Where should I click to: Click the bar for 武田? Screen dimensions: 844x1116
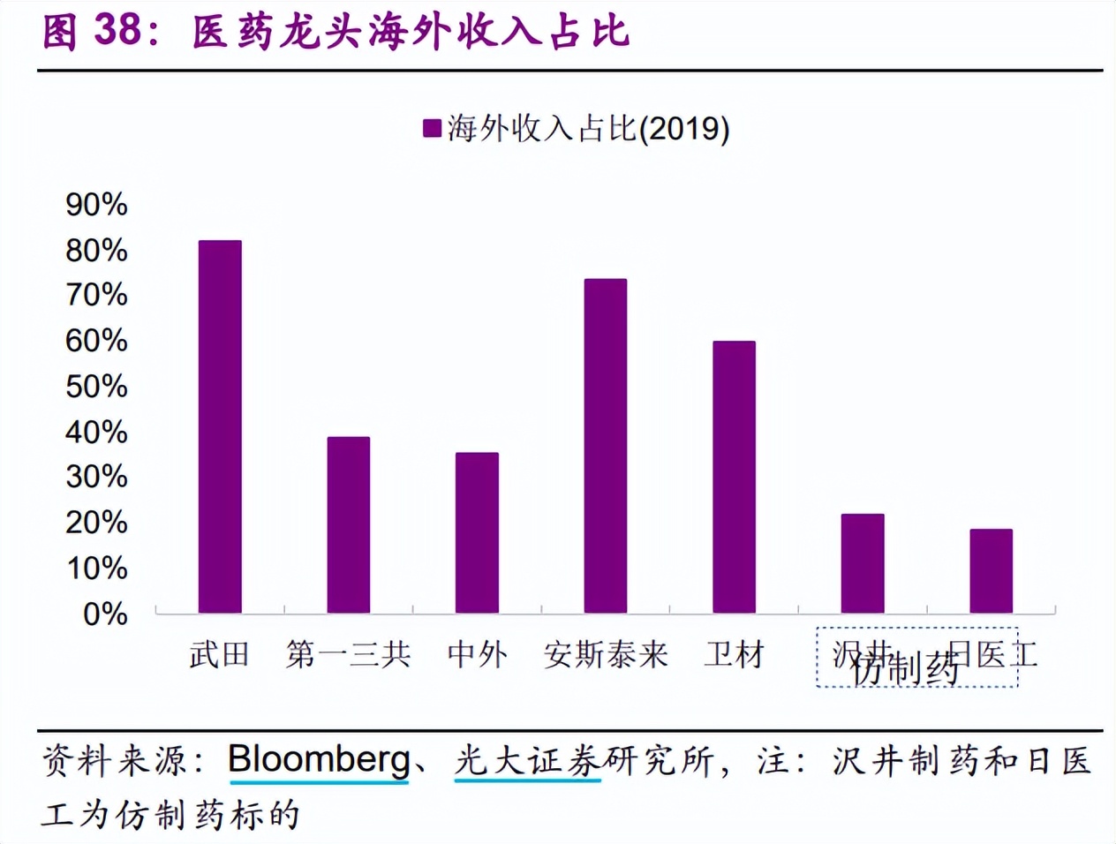[220, 426]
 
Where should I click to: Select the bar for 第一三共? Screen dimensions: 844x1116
[349, 524]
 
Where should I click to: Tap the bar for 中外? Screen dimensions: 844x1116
[477, 532]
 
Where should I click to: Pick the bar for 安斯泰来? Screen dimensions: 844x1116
[606, 446]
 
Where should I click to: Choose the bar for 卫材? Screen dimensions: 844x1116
[734, 477]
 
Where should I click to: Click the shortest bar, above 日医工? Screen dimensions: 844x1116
[991, 570]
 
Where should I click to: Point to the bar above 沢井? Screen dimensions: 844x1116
[863, 563]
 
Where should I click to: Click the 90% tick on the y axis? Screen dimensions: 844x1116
[96, 205]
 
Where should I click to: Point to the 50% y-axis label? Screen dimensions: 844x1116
[96, 387]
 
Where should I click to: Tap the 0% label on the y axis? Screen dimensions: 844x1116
[105, 614]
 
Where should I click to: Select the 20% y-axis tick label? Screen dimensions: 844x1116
[96, 523]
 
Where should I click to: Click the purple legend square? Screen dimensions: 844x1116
[432, 129]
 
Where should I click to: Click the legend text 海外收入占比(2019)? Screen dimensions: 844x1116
[588, 129]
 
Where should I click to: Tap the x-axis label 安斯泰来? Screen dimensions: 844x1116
[606, 655]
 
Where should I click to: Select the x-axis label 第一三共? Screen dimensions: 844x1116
[349, 655]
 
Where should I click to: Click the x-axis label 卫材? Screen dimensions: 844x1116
[734, 655]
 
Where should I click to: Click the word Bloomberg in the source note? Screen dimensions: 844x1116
[319, 760]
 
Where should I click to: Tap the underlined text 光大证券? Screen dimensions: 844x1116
[527, 760]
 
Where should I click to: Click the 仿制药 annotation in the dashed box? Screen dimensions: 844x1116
[906, 670]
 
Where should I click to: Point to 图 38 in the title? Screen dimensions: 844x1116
[92, 31]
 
